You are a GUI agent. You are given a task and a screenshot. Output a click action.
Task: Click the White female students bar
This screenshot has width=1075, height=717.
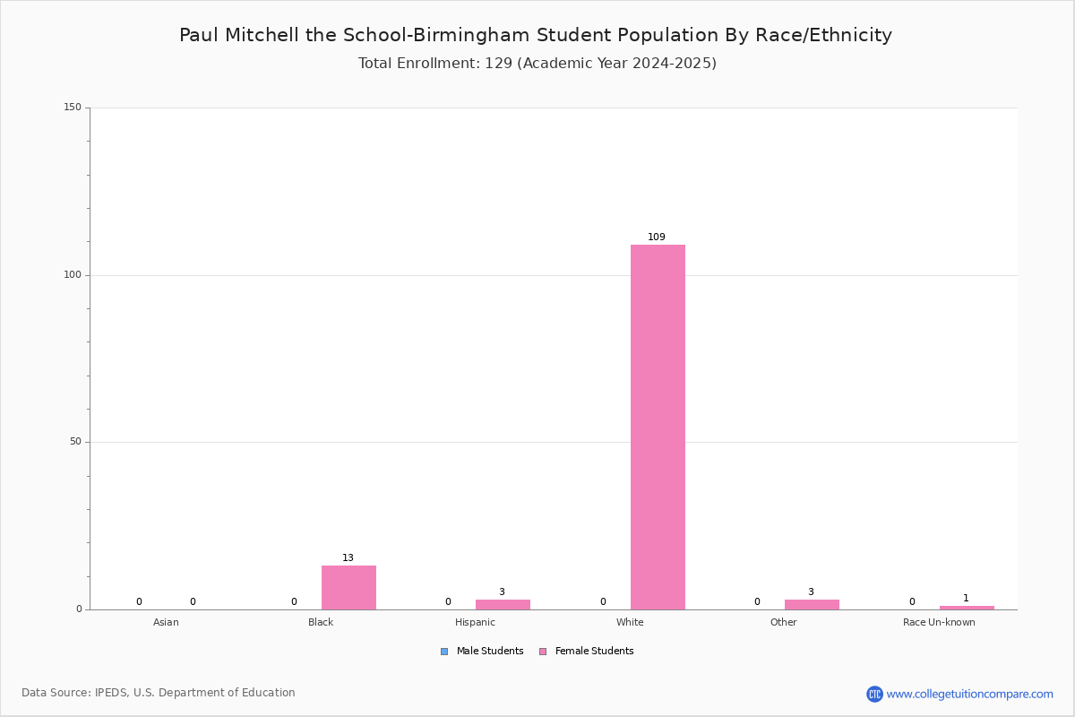tap(658, 427)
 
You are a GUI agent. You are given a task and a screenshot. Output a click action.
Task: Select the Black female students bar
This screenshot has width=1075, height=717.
tap(348, 587)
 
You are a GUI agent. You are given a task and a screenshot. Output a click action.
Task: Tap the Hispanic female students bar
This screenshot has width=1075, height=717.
tap(503, 605)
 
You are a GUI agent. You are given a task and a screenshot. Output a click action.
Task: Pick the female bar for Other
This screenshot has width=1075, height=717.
tap(812, 605)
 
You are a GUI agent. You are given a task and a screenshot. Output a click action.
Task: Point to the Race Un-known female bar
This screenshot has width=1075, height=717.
tap(967, 608)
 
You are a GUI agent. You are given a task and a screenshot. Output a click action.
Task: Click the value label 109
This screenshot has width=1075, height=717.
tap(657, 237)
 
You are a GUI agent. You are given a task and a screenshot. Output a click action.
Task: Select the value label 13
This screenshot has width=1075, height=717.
tap(348, 557)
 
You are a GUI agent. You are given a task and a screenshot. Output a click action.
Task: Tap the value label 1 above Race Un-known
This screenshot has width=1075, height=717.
tap(966, 598)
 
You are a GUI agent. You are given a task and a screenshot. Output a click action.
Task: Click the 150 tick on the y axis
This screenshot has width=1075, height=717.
tap(73, 107)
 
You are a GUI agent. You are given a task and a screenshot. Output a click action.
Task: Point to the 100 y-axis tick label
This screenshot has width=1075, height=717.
tap(73, 274)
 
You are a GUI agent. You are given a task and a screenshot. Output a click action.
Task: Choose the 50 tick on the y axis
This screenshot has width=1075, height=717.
tap(76, 441)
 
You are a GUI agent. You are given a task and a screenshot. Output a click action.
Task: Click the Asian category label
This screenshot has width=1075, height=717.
tap(166, 622)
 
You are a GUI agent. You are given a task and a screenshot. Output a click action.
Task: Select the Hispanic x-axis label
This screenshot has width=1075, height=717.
tap(475, 622)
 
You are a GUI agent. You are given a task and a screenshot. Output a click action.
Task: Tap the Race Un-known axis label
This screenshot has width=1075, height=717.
tap(939, 622)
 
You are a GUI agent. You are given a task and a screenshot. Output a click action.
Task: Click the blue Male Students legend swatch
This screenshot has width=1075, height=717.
tap(444, 652)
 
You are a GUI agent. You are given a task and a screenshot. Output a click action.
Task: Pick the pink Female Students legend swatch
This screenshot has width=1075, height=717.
tap(543, 652)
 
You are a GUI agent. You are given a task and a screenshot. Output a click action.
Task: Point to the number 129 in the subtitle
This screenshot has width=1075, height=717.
tap(499, 63)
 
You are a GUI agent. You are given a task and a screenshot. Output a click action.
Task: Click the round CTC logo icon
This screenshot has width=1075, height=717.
tap(874, 694)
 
